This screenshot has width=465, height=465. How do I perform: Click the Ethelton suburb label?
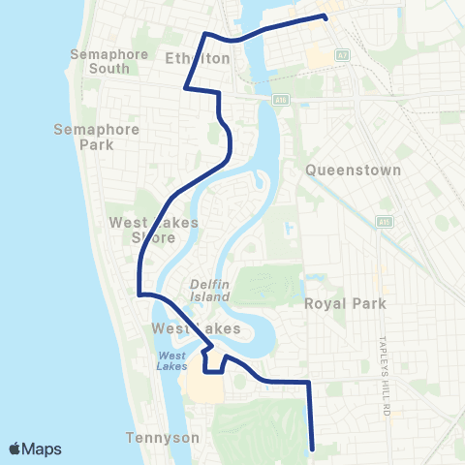(198, 59)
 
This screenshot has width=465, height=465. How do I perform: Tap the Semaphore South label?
(108, 61)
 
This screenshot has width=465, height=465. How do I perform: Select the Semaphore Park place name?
(97, 137)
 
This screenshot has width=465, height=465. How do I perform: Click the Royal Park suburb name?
(345, 303)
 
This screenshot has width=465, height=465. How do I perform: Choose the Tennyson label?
(163, 438)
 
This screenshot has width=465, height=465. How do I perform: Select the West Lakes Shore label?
(154, 230)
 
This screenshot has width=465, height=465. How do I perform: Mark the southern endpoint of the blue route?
(312, 449)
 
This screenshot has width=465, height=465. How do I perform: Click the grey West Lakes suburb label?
(197, 329)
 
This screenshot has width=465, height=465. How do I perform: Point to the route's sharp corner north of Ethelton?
(204, 34)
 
